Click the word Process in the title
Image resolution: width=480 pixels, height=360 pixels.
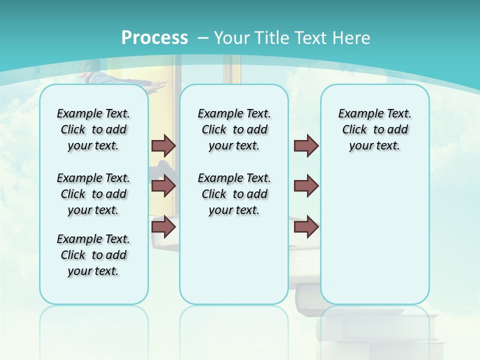tap(154, 38)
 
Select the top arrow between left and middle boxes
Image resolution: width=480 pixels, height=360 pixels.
tap(163, 145)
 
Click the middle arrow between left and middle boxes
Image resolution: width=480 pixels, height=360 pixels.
tap(163, 186)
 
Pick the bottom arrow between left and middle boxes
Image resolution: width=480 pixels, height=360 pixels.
tap(163, 227)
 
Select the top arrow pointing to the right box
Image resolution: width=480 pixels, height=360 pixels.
tap(306, 145)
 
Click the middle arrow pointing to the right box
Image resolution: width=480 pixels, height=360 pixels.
tap(306, 186)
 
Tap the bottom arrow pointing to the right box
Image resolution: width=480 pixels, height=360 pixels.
tap(306, 227)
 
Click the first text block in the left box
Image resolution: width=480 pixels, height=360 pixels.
tap(93, 129)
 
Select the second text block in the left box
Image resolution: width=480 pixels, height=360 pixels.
tap(93, 194)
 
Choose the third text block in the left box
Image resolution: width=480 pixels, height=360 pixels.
tap(93, 255)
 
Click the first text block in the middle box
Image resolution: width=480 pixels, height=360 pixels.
tap(234, 129)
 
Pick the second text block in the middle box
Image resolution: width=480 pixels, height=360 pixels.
tap(234, 194)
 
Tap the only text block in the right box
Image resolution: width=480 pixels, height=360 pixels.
tap(374, 129)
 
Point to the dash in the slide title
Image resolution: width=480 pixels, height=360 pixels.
tap(203, 38)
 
